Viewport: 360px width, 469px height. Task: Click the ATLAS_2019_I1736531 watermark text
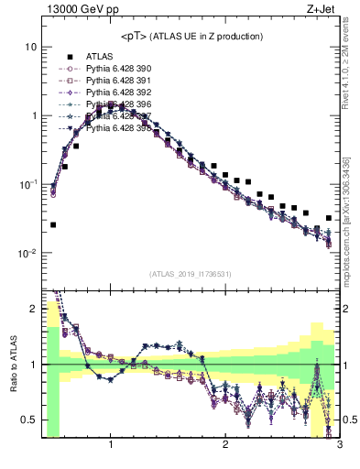click(191, 274)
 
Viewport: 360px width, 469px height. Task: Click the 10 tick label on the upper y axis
click(31, 47)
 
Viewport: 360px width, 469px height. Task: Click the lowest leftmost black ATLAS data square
click(53, 224)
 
